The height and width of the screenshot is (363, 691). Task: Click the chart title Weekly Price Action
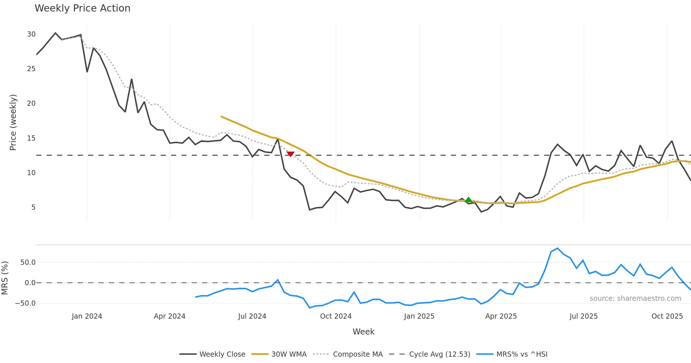[x=82, y=8]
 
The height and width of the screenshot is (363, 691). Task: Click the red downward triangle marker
[x=291, y=154]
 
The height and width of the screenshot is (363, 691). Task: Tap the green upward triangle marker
[x=468, y=200]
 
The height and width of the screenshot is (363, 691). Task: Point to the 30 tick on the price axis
[x=31, y=34]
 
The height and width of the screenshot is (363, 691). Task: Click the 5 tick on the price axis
[x=33, y=207]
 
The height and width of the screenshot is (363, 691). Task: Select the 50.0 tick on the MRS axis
[x=28, y=262]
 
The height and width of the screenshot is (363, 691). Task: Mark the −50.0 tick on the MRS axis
[x=25, y=303]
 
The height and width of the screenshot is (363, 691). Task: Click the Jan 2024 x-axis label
[x=87, y=316]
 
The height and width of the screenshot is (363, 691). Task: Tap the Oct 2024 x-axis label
[x=336, y=316]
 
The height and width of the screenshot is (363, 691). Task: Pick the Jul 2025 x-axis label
[x=584, y=316]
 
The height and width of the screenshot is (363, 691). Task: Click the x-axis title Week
[x=363, y=332]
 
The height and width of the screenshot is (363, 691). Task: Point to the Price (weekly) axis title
[x=13, y=122]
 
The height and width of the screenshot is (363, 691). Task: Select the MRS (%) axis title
[x=5, y=278]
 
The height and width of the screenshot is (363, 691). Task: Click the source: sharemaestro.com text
[x=635, y=298]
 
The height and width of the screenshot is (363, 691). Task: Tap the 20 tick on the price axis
[x=31, y=103]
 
